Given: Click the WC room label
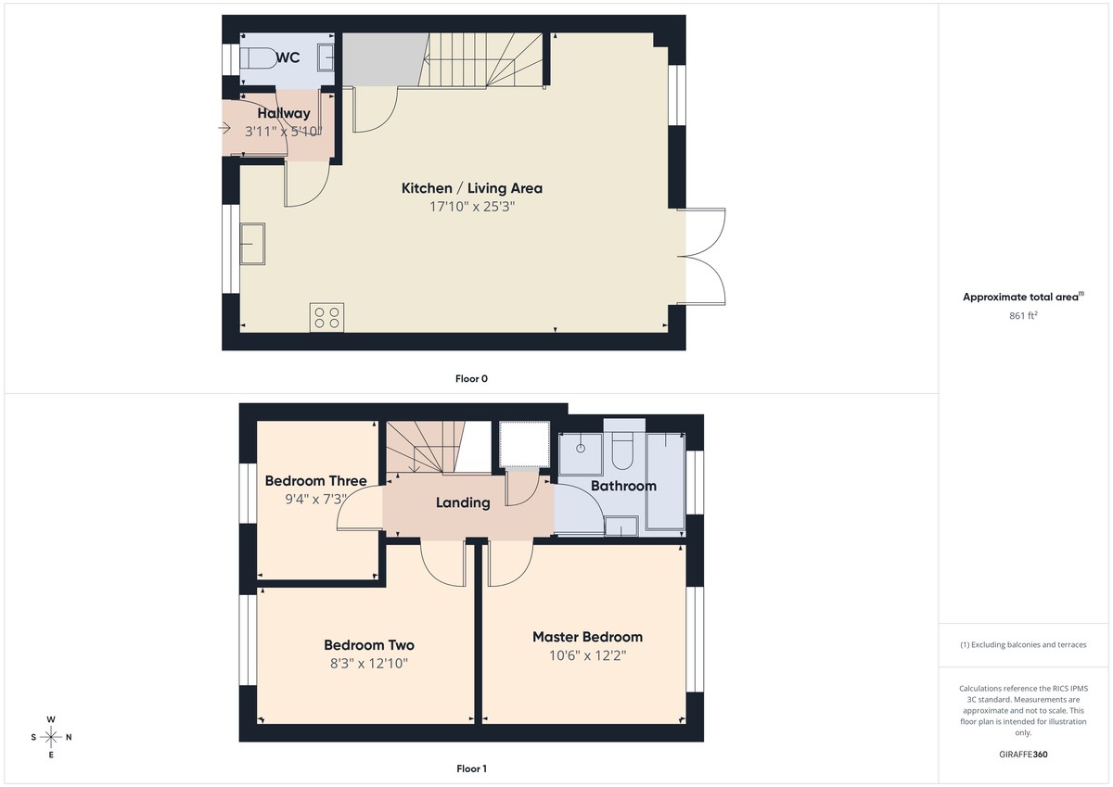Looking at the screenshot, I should (x=288, y=57).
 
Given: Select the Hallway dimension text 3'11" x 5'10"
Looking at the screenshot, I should (x=284, y=133).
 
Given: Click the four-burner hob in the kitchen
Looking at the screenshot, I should (x=326, y=317).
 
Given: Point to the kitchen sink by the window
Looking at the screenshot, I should (x=251, y=243).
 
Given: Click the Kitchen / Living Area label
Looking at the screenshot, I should (x=471, y=188).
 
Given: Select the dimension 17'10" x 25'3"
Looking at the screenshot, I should (x=471, y=208).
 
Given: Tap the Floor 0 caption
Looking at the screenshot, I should (x=471, y=378).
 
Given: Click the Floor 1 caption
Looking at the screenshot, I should (x=471, y=768).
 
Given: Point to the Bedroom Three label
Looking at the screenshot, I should (x=315, y=480).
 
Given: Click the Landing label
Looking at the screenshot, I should (x=463, y=502).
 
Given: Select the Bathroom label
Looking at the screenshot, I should (x=623, y=486).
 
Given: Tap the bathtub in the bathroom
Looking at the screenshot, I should (x=664, y=480).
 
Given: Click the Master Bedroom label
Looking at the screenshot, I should (x=587, y=637).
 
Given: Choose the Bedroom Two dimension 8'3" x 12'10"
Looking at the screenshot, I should (x=368, y=664).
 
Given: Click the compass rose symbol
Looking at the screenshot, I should (x=51, y=737).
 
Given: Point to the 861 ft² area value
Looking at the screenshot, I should (x=1022, y=316).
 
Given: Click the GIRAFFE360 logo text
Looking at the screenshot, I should (x=1022, y=755).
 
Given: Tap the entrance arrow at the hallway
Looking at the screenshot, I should (x=226, y=127).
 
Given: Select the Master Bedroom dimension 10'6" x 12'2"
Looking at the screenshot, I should (x=587, y=655).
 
